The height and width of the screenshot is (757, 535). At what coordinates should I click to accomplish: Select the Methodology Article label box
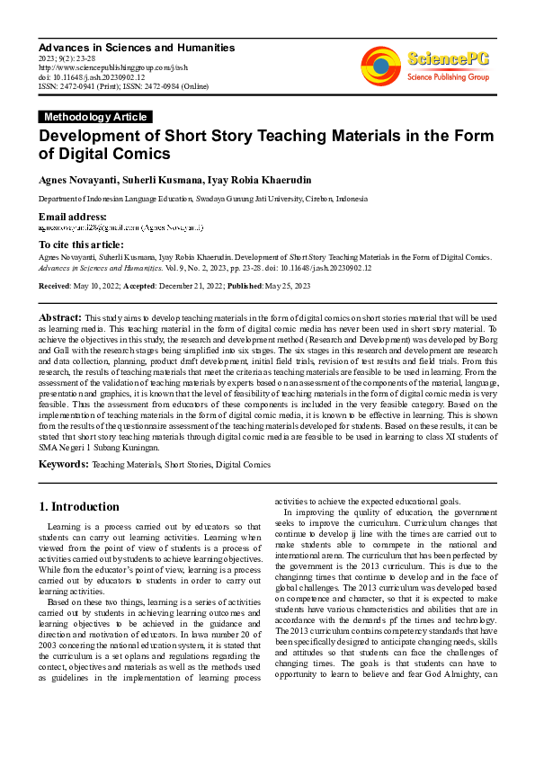coord(95,117)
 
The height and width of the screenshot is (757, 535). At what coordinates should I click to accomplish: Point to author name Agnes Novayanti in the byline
coord(78,180)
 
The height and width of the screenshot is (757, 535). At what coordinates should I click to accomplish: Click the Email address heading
coord(72,217)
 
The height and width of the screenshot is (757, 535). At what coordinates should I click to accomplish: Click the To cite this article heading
coord(81,245)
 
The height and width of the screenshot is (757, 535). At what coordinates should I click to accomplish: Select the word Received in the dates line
coord(55,285)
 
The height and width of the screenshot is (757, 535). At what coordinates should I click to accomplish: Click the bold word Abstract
coord(59,318)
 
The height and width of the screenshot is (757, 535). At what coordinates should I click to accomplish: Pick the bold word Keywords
coord(63,464)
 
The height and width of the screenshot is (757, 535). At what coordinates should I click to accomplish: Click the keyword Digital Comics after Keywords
coord(242,465)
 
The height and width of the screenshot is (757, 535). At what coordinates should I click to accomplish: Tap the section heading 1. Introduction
coord(79,506)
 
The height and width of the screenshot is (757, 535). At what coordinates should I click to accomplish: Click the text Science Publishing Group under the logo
coord(448,78)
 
